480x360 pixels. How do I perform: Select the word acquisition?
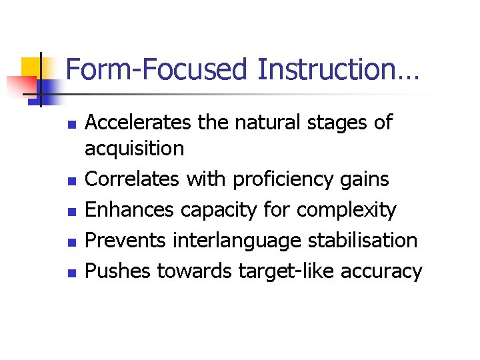[x=135, y=149]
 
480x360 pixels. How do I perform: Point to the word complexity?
[x=347, y=211]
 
